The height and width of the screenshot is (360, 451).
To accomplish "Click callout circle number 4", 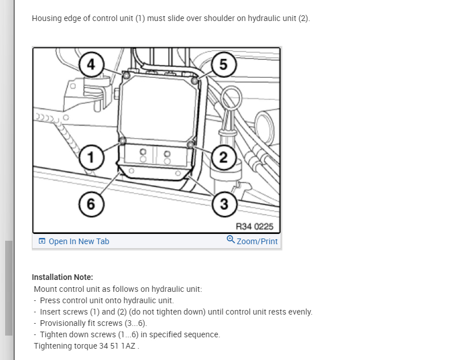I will coord(91,64).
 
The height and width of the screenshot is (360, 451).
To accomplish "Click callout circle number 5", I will coord(223,64).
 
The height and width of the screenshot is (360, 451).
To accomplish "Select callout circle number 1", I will coord(91,157).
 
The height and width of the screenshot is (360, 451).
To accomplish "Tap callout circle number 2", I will coord(223,157).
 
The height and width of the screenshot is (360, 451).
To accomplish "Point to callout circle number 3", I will coord(223,204).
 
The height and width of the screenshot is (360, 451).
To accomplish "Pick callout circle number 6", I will coord(91,204).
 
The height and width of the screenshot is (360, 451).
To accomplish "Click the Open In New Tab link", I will coord(78,241).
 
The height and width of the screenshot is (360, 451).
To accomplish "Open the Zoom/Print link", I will coord(257,241).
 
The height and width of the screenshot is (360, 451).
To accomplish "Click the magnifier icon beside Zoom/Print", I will coord(231,240).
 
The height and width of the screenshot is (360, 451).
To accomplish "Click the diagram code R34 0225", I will coord(254,227).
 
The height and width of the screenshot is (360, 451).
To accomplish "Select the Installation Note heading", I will coord(62,277).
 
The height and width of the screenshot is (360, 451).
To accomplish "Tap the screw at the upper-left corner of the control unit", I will coord(126,75).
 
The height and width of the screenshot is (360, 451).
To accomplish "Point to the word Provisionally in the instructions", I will coord(65,323).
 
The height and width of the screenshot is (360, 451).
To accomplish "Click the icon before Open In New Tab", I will coord(42,241).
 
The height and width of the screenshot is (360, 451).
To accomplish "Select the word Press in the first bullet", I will coord(51,300).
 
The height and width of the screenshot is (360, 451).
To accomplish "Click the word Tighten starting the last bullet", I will coord(55,334).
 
